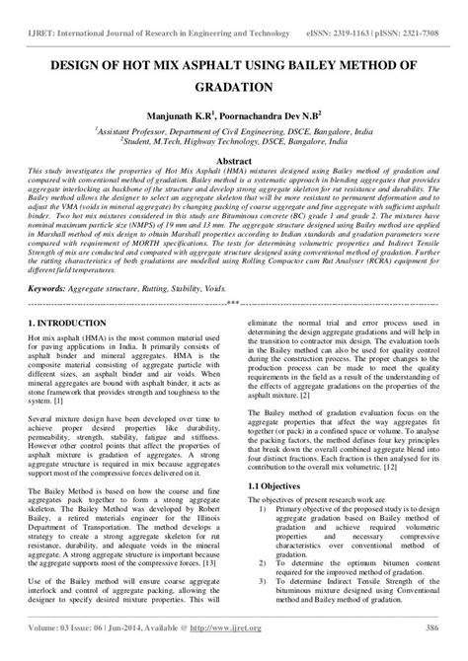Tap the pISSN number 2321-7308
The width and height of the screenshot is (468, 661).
coord(427,17)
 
